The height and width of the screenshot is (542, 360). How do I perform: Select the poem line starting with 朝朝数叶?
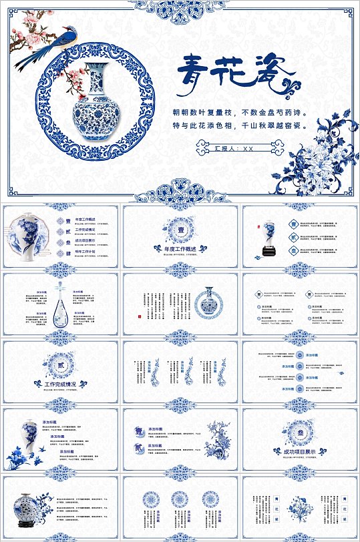(x=240, y=113)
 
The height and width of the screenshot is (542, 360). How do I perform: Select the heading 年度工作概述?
(x=180, y=249)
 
